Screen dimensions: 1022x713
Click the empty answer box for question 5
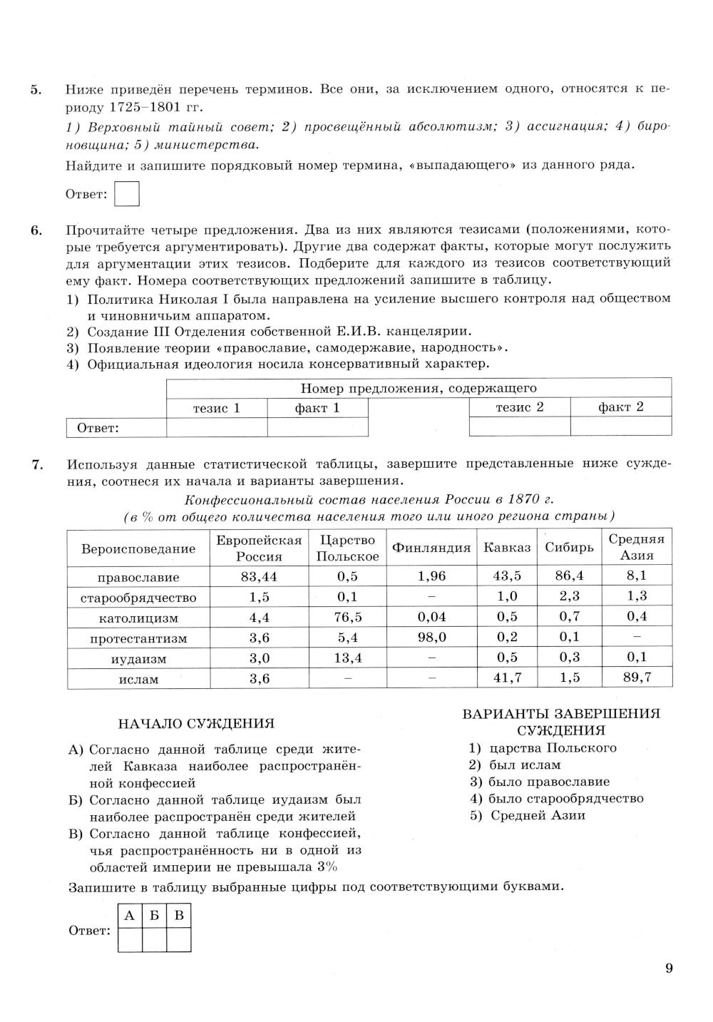(x=127, y=194)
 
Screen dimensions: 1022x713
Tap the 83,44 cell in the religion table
(x=259, y=576)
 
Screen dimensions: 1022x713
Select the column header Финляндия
(x=431, y=548)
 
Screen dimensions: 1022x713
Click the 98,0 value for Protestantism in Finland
(x=431, y=638)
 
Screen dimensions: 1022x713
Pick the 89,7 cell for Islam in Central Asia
(x=637, y=678)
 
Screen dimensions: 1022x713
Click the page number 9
(x=668, y=968)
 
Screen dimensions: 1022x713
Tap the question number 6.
(x=36, y=230)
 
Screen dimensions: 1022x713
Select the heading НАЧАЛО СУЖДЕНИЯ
(x=196, y=724)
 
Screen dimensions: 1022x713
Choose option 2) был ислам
(x=515, y=765)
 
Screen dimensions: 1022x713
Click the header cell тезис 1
(x=217, y=408)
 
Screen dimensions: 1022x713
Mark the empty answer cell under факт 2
(x=620, y=426)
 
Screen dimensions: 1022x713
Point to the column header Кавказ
(x=507, y=548)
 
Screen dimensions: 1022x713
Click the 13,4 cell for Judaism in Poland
(x=348, y=658)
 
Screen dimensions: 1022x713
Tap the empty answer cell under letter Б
(x=154, y=939)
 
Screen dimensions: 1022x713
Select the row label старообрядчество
(x=138, y=598)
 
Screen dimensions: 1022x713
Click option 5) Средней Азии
(x=527, y=815)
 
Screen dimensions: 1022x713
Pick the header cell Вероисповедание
(x=138, y=548)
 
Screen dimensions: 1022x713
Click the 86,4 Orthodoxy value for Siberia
(x=569, y=576)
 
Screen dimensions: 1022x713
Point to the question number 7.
(x=37, y=464)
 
